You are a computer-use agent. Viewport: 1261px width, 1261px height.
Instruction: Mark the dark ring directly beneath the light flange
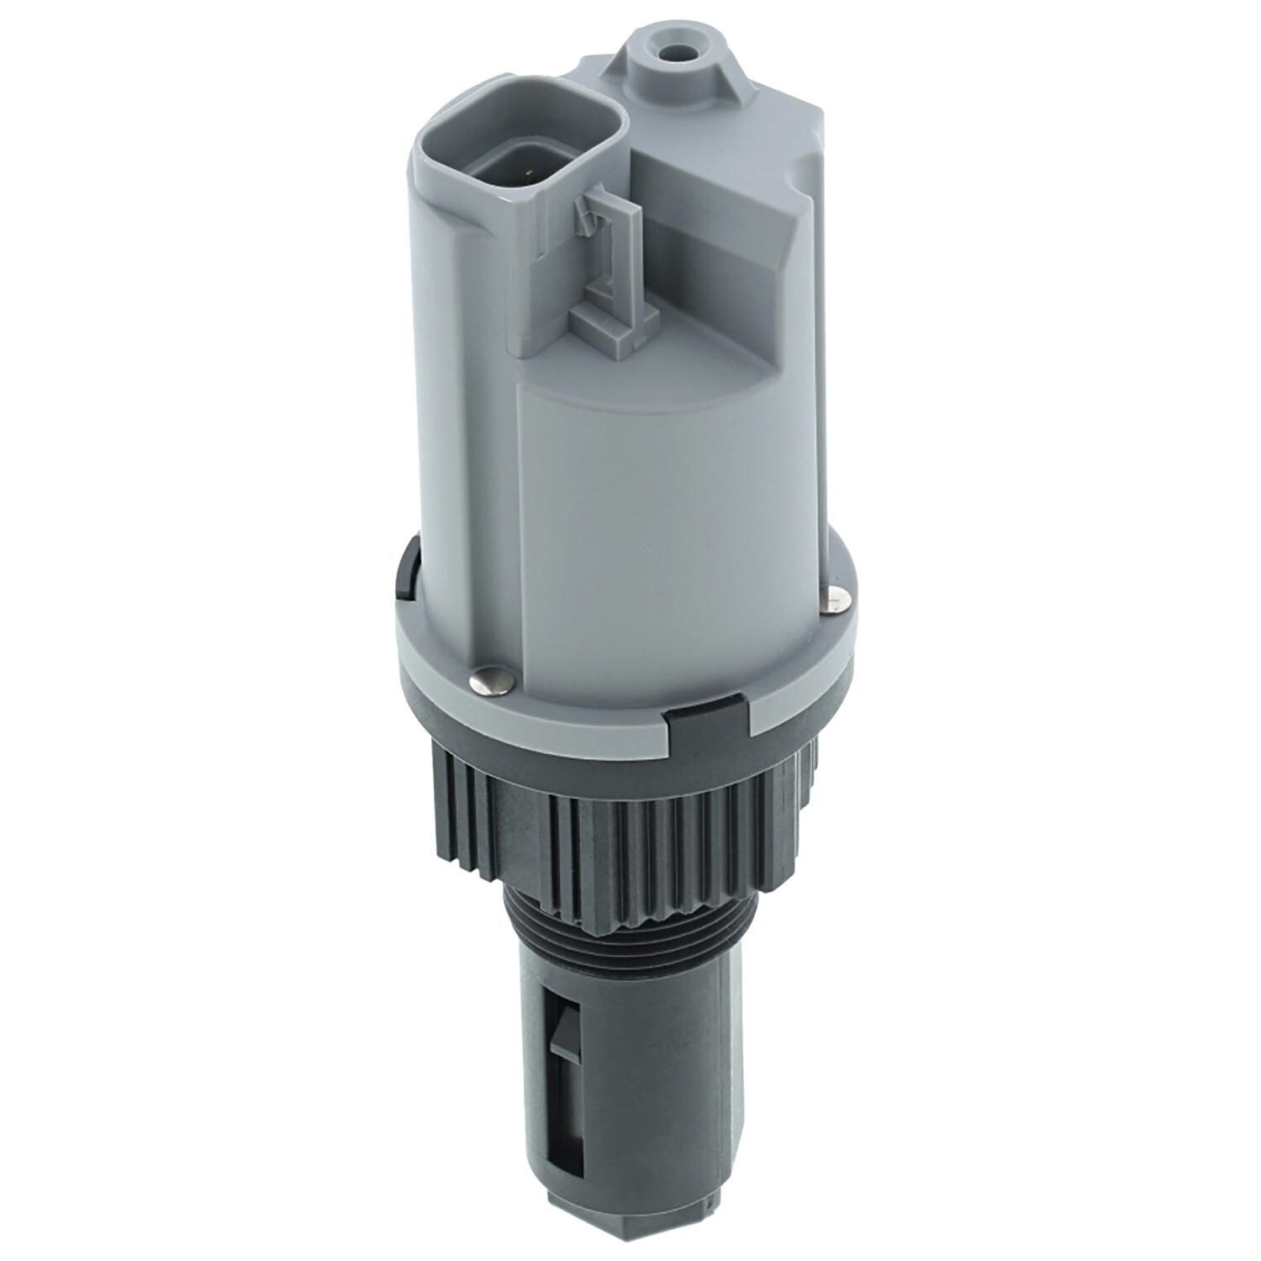pos(588,740)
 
